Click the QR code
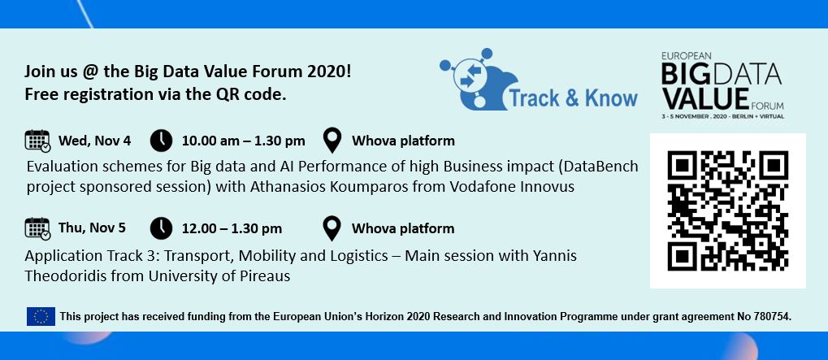pyautogui.click(x=726, y=210)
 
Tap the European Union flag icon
pyautogui.click(x=41, y=316)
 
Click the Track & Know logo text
pyautogui.click(x=573, y=98)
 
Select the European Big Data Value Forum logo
pyautogui.click(x=721, y=85)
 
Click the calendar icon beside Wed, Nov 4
pyautogui.click(x=37, y=141)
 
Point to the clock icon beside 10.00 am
pyautogui.click(x=162, y=141)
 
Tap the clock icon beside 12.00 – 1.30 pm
pyautogui.click(x=162, y=228)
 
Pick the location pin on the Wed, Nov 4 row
pyautogui.click(x=332, y=141)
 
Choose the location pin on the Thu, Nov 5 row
pyautogui.click(x=332, y=228)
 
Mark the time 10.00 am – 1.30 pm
pyautogui.click(x=243, y=141)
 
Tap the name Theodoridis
pyautogui.click(x=64, y=276)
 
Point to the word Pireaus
pyautogui.click(x=263, y=276)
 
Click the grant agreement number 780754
pyautogui.click(x=768, y=316)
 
